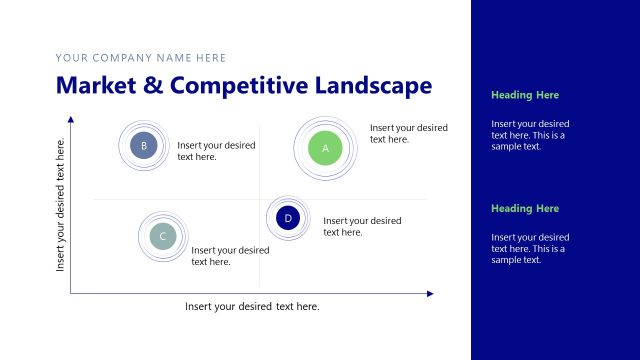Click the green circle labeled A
click(325, 148)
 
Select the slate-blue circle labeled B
click(144, 146)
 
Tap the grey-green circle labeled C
click(162, 236)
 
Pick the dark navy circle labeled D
click(288, 218)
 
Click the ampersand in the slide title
click(153, 85)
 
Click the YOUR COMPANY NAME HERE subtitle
click(141, 58)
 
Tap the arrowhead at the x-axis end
click(430, 293)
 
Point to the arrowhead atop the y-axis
click(71, 120)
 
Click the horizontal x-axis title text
click(252, 306)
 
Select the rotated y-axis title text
click(61, 205)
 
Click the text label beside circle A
click(408, 134)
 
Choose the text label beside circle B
click(216, 151)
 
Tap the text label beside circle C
click(230, 256)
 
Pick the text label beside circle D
click(362, 226)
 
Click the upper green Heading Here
click(525, 95)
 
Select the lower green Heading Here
click(525, 208)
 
